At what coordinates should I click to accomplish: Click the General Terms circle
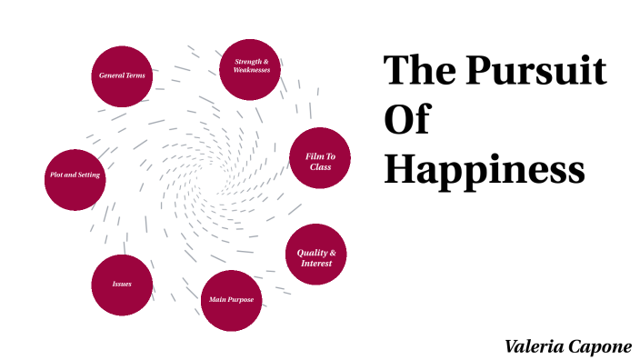122,76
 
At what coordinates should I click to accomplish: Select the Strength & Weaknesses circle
251,66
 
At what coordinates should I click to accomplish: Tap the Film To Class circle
319,160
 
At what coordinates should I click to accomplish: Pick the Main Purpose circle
231,300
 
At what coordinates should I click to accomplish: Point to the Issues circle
122,285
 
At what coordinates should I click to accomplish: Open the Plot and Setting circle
75,175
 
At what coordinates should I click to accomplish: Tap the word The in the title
418,72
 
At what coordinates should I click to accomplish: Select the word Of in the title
406,120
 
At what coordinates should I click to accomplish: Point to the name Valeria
535,346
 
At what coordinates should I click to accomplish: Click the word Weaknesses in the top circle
251,71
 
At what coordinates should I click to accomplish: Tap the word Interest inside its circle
316,264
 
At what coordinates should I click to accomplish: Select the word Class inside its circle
319,166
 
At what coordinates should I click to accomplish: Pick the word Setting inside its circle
89,175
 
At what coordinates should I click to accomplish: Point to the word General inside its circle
111,76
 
